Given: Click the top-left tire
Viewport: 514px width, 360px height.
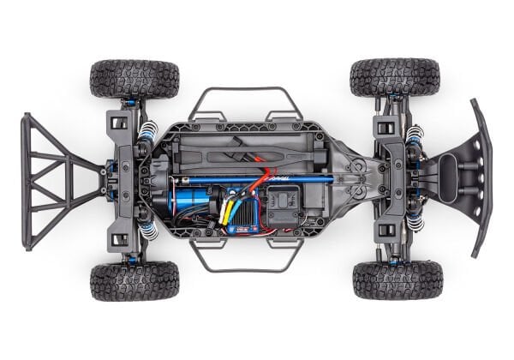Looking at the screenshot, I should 134,79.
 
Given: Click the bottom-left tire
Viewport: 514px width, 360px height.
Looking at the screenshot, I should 134,281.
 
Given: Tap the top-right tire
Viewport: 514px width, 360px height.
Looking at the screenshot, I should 395,77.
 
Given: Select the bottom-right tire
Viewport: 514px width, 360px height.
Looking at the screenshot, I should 397,280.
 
